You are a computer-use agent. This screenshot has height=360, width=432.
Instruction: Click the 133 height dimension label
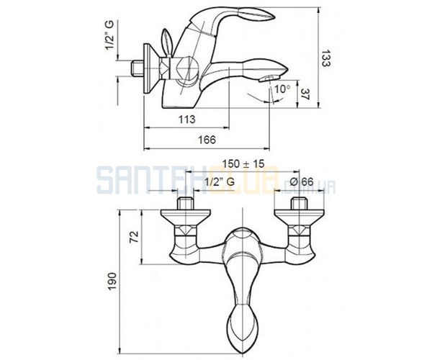326,58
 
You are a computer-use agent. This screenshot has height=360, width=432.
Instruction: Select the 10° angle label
282,89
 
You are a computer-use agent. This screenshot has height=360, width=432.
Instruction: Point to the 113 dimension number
186,120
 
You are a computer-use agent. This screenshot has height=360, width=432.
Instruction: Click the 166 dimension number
207,140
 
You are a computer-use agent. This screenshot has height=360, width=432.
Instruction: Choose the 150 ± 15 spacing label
243,163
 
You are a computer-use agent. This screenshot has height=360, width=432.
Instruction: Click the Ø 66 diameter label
302,181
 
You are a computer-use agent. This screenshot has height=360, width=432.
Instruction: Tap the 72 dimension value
135,237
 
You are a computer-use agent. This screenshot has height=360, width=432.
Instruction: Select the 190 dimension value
112,282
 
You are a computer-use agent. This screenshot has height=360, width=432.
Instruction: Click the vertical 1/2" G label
109,35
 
